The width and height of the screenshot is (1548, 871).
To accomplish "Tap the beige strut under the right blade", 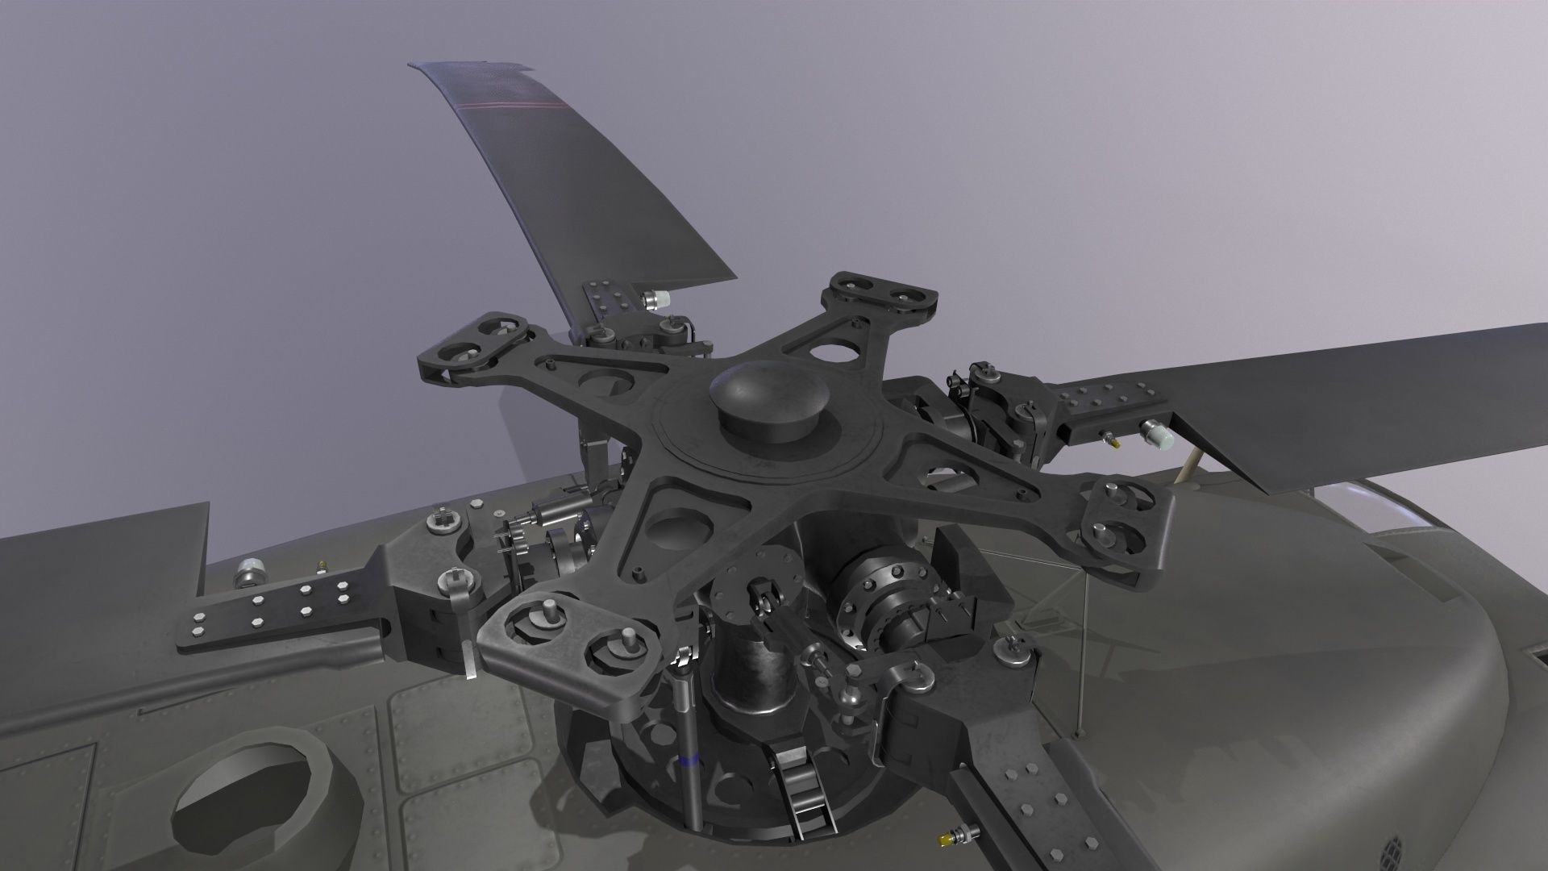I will coord(1188,468).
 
